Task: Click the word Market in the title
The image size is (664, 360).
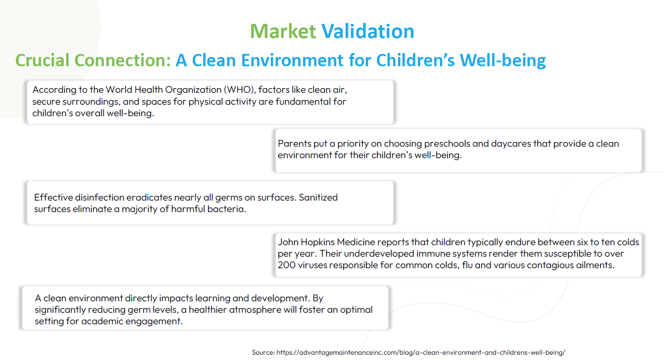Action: click(283, 31)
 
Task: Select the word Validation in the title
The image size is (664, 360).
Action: click(368, 31)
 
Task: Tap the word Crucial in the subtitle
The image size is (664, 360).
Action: click(42, 60)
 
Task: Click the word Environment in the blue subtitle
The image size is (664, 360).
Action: click(292, 60)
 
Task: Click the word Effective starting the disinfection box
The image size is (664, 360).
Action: click(53, 197)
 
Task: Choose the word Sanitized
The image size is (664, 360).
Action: click(318, 197)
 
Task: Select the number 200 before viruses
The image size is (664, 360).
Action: click(287, 265)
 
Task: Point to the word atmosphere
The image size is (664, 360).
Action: click(255, 310)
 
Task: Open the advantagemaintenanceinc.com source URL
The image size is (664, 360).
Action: click(421, 352)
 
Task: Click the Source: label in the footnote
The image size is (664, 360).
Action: click(263, 352)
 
